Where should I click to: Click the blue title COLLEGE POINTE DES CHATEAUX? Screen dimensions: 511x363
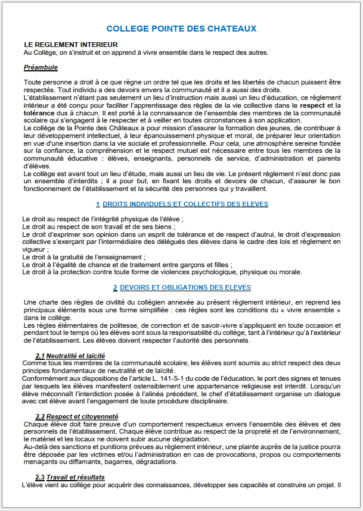(181, 29)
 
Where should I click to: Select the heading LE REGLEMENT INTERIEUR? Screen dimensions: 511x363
(71, 45)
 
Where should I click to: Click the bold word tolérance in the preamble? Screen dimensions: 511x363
(41, 111)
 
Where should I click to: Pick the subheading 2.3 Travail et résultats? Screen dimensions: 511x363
(70, 477)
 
